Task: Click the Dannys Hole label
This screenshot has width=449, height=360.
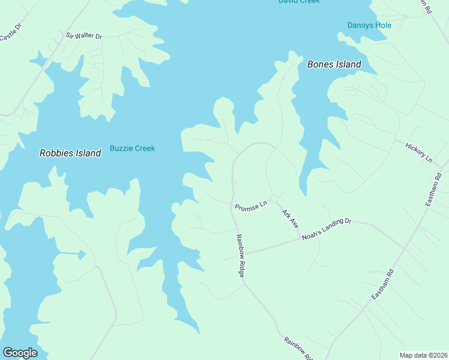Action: [x=369, y=25]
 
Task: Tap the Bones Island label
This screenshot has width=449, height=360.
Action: [x=334, y=64]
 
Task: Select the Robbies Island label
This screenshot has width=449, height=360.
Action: [x=70, y=153]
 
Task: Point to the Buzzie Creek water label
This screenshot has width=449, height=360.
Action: [x=132, y=148]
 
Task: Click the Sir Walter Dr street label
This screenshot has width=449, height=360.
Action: [x=84, y=37]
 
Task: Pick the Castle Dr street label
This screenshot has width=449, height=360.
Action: [x=10, y=32]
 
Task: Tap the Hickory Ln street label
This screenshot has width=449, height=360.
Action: [x=418, y=152]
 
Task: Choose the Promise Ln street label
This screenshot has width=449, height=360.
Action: [x=251, y=206]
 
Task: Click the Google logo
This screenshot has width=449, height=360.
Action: [x=20, y=353]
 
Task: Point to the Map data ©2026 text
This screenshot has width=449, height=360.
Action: [x=424, y=355]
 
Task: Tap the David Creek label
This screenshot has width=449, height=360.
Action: [x=299, y=1]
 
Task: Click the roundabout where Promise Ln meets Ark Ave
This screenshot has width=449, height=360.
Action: [x=274, y=199]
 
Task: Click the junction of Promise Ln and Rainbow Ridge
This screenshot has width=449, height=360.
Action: [x=232, y=204]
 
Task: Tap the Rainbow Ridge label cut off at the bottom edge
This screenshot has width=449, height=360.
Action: [x=298, y=349]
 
